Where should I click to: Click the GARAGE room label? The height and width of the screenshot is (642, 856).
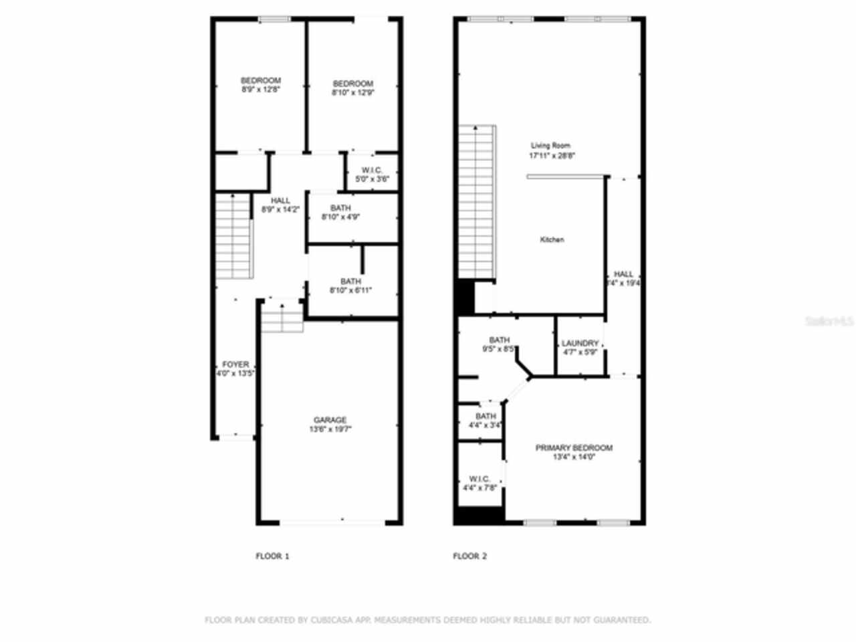coord(330,420)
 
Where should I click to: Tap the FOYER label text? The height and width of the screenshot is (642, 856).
coord(235,364)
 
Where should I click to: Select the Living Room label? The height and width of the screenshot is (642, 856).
coord(551,146)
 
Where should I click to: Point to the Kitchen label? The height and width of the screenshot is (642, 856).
coord(552,239)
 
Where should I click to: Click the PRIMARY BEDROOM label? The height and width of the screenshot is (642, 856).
coord(574,447)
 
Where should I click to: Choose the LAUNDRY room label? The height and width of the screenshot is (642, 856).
coord(580,343)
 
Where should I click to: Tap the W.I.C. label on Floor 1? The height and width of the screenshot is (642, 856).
coord(371,170)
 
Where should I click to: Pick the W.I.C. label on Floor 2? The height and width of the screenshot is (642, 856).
coord(479,479)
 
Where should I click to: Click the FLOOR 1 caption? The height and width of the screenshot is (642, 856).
coord(273,556)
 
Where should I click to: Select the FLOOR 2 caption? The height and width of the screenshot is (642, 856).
coord(470,556)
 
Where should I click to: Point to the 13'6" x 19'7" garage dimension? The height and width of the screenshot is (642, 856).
coord(330,429)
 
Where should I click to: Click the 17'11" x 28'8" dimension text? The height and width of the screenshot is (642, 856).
coord(552,155)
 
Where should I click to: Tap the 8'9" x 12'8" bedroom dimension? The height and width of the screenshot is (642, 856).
coord(260,89)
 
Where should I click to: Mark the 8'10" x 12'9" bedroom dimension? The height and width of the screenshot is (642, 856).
coord(352,93)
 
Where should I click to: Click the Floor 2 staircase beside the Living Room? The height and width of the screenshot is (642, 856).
coord(476,201)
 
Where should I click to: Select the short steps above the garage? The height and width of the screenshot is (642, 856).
coord(282,317)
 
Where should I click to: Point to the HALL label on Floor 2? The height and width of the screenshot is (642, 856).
coord(623,274)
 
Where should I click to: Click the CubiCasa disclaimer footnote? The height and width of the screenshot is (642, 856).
coord(427,620)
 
